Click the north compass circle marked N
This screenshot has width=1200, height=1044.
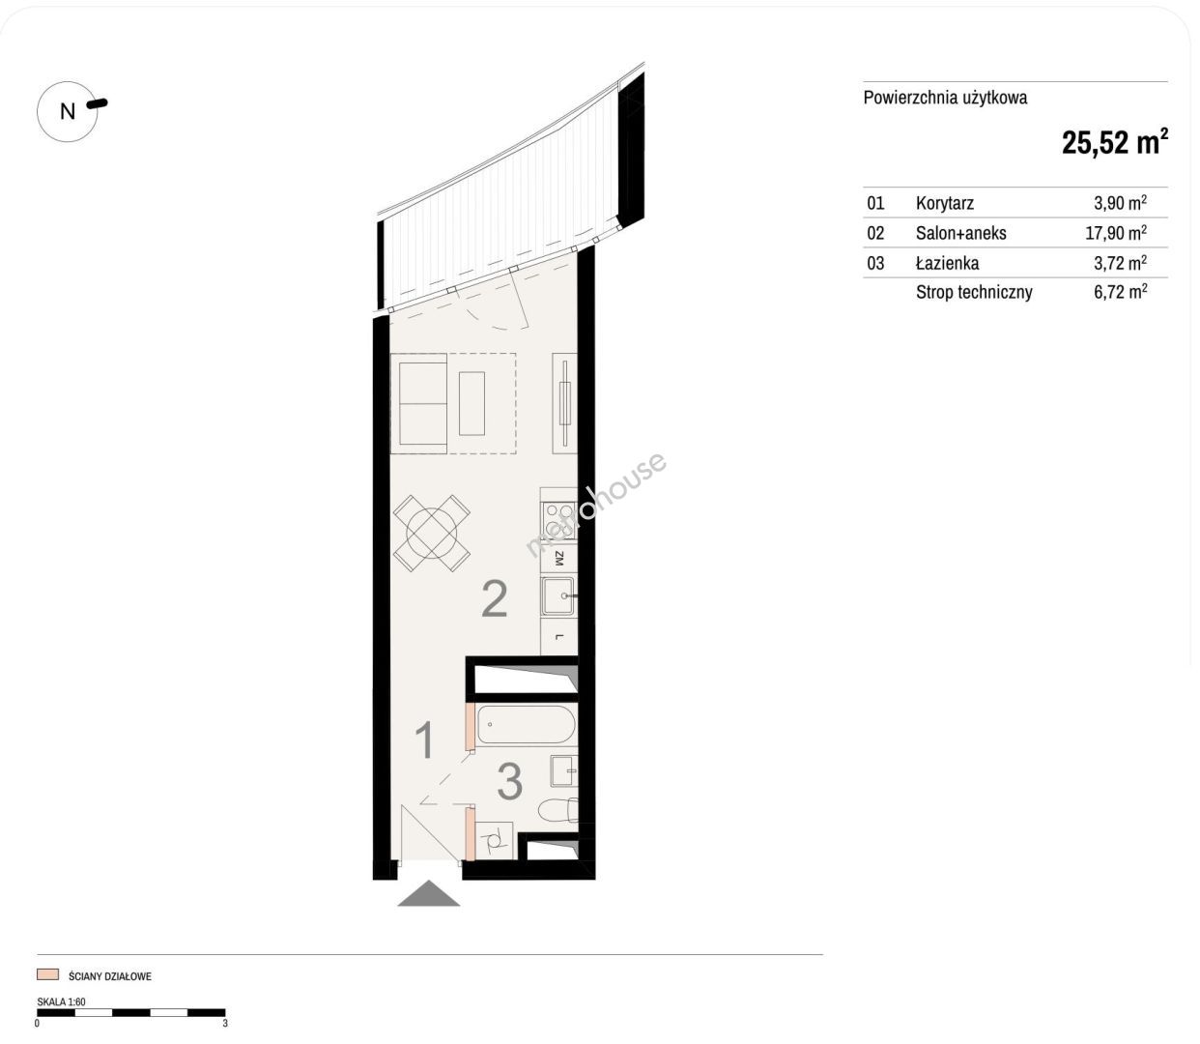click(x=67, y=111)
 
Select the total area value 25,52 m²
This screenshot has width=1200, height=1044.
click(x=1114, y=143)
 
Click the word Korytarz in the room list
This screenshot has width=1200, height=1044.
click(x=945, y=203)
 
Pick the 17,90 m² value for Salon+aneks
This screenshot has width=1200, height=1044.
click(x=1116, y=233)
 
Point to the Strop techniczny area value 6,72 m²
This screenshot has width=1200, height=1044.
click(x=1120, y=292)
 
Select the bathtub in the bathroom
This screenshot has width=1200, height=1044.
click(x=526, y=725)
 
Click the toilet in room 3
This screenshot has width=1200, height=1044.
click(x=558, y=811)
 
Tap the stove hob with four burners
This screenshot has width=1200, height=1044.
click(x=559, y=521)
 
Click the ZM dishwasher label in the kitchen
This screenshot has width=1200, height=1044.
click(x=559, y=559)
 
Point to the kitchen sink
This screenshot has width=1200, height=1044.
click(x=559, y=596)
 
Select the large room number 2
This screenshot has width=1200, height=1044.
click(x=494, y=599)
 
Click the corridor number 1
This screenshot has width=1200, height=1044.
click(x=424, y=740)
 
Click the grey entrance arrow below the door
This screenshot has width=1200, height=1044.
click(x=429, y=893)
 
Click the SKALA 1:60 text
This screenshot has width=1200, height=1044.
click(x=61, y=1001)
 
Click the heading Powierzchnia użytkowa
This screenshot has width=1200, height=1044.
click(x=945, y=98)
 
